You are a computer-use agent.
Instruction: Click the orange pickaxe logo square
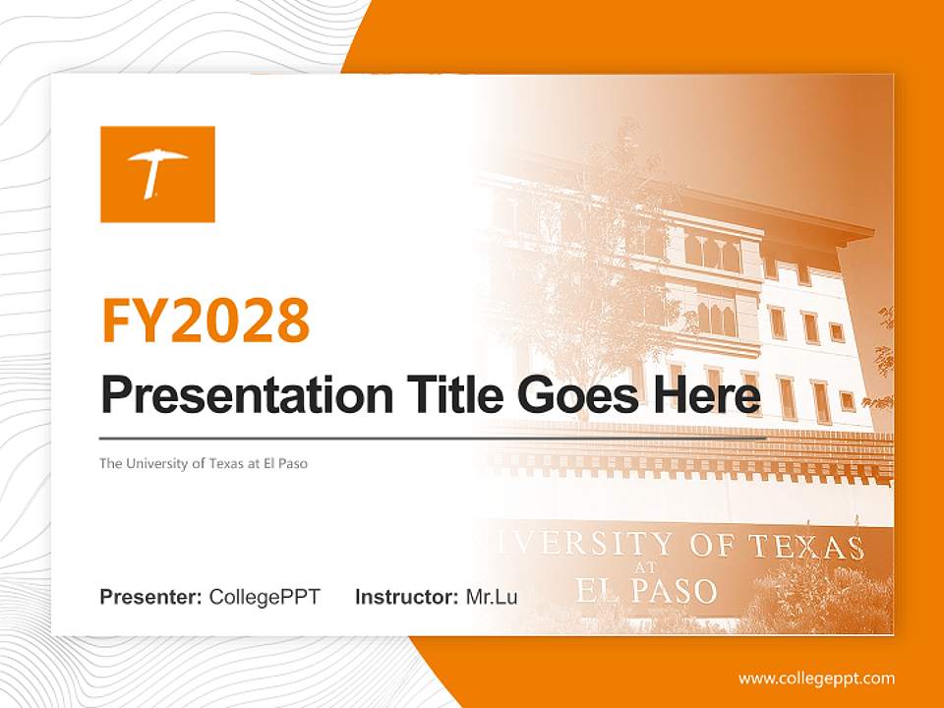(x=157, y=174)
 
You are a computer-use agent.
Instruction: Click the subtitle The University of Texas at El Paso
(x=203, y=463)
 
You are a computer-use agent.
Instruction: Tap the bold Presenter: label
(x=150, y=596)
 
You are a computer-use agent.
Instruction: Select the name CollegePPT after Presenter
(x=265, y=596)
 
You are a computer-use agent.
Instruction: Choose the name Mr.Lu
(x=492, y=596)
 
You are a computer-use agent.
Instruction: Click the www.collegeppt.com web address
(x=816, y=678)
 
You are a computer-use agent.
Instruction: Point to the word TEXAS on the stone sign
(x=806, y=547)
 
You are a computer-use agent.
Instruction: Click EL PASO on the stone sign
(x=646, y=590)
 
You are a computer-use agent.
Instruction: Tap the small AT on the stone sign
(x=647, y=568)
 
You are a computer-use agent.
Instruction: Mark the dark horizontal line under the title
(x=433, y=438)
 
